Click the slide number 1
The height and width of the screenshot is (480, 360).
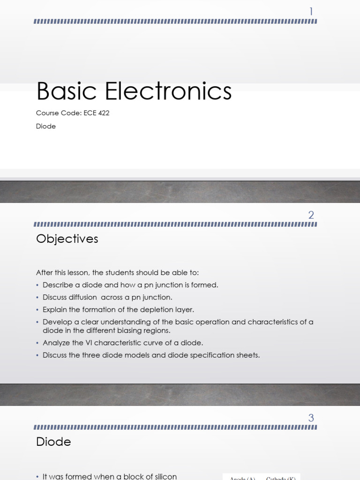click(311, 12)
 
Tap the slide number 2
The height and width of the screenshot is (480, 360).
click(311, 215)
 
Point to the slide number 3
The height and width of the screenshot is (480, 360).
click(311, 418)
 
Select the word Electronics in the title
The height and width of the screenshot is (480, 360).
click(168, 91)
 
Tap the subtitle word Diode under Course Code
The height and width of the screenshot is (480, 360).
click(46, 126)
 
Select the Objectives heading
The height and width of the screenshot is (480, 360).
click(67, 239)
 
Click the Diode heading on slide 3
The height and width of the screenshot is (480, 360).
click(53, 442)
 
